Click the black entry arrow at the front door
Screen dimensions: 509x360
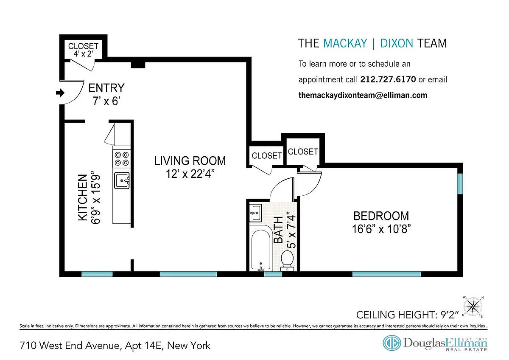tap(60, 93)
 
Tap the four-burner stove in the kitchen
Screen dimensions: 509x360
tap(122, 159)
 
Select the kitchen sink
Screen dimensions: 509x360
tap(122, 180)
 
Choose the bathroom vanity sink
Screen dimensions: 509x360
tap(256, 213)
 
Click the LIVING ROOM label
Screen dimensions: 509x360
tap(190, 161)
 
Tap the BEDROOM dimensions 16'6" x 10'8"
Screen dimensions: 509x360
tap(381, 229)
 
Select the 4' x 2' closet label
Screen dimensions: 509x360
tap(84, 54)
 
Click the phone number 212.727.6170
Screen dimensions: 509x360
tap(388, 79)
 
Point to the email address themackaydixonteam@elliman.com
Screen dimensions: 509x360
tap(363, 95)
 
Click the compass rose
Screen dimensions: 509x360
tap(473, 307)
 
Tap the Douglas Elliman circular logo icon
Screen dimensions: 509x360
tap(392, 343)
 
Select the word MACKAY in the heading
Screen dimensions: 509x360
tap(345, 43)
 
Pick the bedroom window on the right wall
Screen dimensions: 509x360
tap(460, 184)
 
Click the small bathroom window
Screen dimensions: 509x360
tap(273, 274)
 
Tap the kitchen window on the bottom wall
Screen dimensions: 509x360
tap(97, 274)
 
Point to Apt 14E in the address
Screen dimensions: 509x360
tap(143, 346)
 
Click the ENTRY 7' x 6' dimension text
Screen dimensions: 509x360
tap(106, 101)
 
